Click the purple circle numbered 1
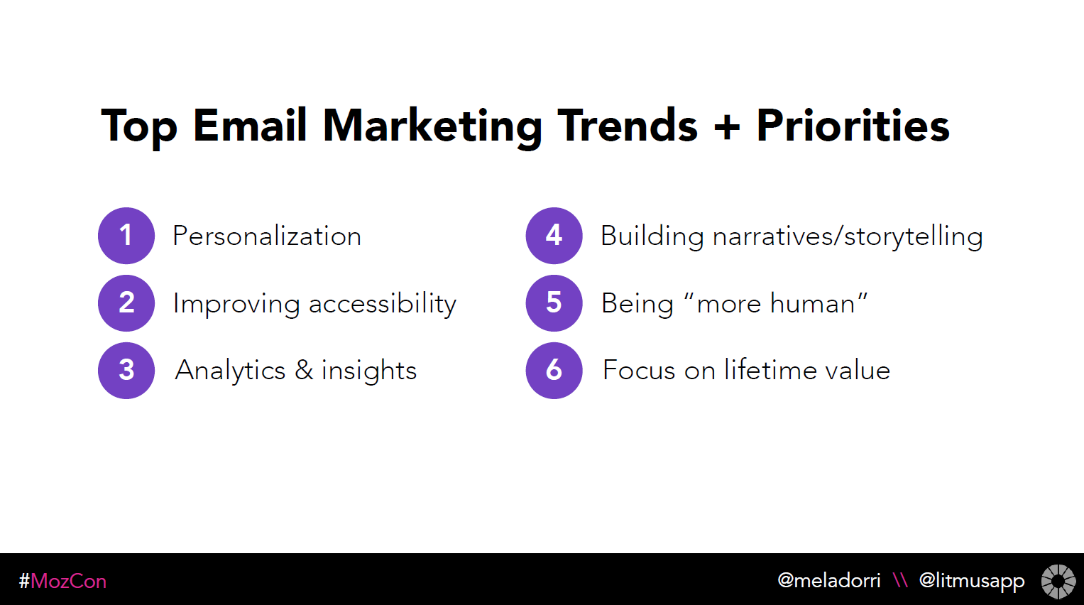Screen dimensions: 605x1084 126,236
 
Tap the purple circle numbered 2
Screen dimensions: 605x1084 126,303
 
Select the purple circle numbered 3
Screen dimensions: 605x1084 126,371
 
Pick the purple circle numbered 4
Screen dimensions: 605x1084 554,236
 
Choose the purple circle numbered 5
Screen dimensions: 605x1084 554,303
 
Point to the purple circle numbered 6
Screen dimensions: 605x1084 554,371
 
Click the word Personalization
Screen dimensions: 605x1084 267,236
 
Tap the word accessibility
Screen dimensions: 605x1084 382,305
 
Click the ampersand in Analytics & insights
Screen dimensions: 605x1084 304,370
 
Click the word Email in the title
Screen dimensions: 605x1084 250,126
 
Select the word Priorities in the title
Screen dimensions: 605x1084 853,126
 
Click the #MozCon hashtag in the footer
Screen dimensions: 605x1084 62,581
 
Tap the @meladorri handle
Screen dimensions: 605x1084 829,580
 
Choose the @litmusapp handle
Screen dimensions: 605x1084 971,581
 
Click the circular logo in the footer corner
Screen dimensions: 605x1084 1058,582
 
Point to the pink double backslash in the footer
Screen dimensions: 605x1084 900,580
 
